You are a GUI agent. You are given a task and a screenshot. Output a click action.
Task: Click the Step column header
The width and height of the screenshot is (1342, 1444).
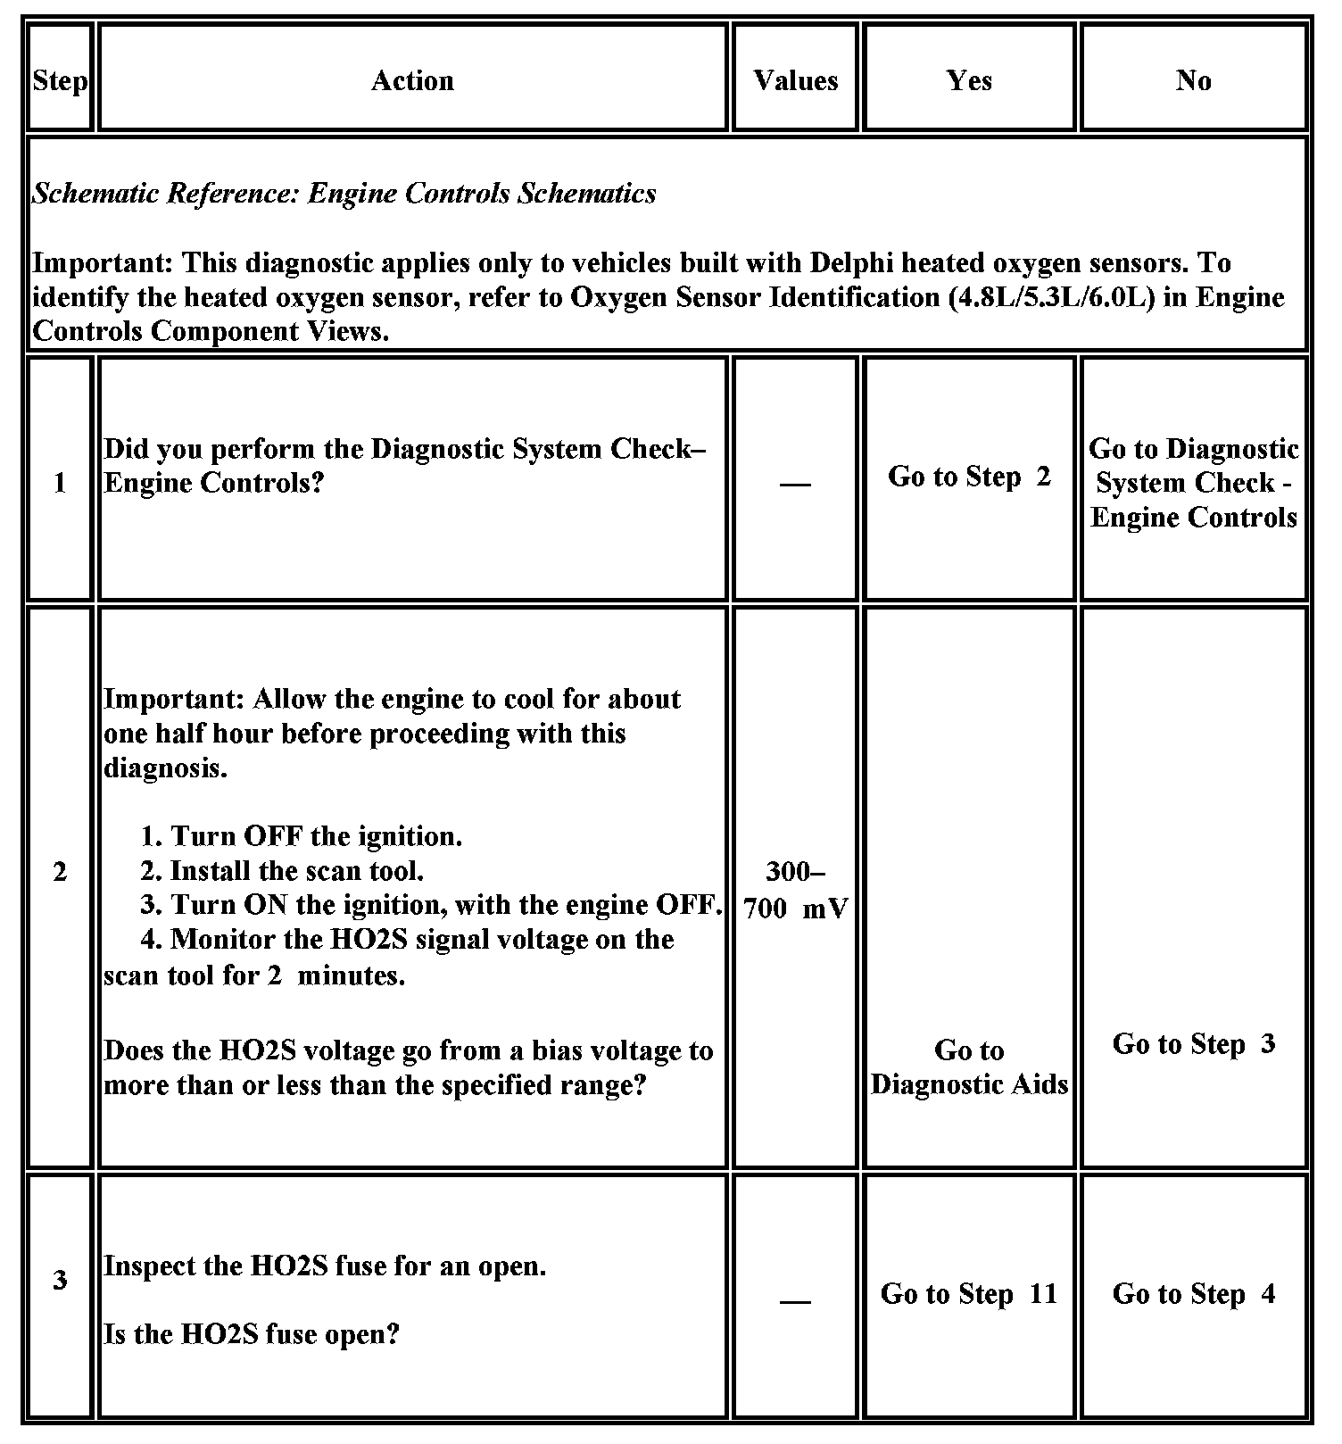tap(60, 81)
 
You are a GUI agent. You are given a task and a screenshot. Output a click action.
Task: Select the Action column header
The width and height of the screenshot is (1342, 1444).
tap(412, 81)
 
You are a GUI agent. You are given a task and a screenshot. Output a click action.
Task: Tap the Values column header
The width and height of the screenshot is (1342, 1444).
tap(795, 81)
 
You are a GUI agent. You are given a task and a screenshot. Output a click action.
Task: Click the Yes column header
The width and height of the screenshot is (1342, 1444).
tap(969, 81)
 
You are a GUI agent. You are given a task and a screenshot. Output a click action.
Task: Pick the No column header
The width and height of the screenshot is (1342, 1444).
tap(1193, 81)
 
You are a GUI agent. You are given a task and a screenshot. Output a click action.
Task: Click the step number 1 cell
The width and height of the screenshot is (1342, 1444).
tap(60, 483)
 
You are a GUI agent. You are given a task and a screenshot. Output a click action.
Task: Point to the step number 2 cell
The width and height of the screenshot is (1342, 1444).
tap(60, 872)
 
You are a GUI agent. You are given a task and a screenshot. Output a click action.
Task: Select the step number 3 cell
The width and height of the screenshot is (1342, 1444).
tap(60, 1281)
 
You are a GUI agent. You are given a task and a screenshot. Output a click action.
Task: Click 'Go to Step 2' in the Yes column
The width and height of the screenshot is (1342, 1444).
tap(969, 477)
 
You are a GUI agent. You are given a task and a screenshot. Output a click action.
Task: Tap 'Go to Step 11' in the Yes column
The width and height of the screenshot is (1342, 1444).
tap(969, 1294)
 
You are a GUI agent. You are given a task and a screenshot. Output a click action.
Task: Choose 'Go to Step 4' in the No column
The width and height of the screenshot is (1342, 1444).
tap(1193, 1294)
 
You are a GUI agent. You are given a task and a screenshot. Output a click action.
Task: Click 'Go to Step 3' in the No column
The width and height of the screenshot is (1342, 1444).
tap(1193, 1044)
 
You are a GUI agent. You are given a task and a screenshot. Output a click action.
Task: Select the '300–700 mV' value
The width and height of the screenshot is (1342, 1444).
tap(795, 890)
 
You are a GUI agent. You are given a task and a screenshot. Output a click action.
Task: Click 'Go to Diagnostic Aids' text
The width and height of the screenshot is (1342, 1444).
tap(969, 1067)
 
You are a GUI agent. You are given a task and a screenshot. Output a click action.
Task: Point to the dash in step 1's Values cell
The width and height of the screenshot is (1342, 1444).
tap(795, 485)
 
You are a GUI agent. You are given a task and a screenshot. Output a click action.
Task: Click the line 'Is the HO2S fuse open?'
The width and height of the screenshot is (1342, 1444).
tap(251, 1335)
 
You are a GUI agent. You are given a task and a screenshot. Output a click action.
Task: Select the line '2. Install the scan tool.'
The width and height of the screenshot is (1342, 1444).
tap(282, 871)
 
